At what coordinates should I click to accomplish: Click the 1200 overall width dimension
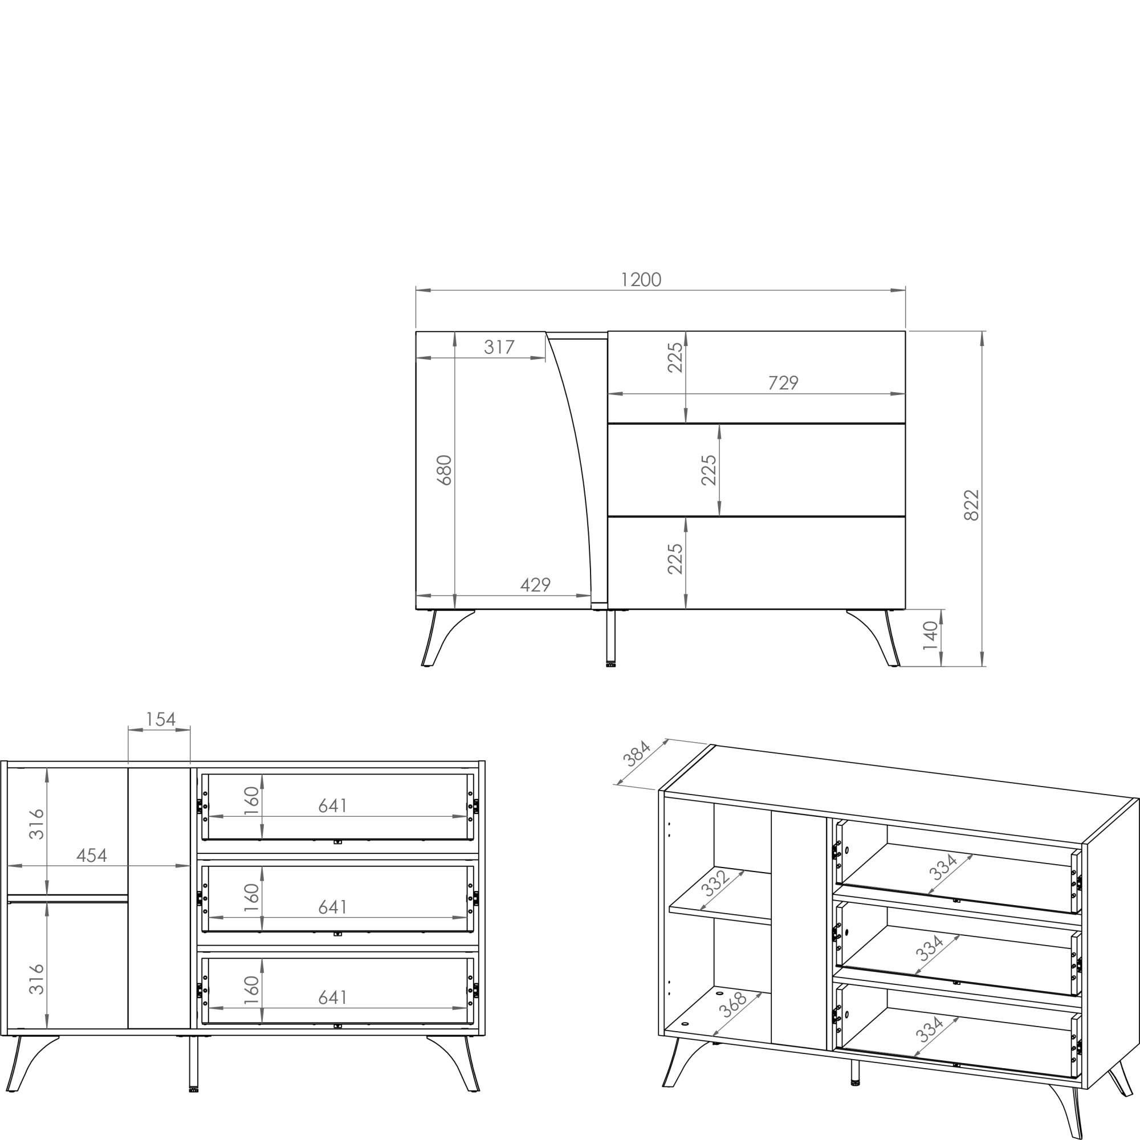pos(641,280)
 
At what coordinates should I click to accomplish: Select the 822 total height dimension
pos(971,505)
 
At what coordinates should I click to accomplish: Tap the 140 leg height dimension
pos(931,635)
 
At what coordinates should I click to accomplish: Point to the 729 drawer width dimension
pos(783,383)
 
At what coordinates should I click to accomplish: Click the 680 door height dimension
pos(443,470)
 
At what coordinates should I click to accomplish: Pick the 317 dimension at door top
pos(499,347)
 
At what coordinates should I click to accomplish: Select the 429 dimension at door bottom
pos(535,585)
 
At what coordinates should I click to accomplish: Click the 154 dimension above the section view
pos(161,719)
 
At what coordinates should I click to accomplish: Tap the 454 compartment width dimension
pos(91,855)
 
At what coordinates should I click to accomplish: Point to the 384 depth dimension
pos(637,754)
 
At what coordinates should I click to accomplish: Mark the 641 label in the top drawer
pos(333,805)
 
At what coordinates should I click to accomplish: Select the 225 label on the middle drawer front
pos(709,470)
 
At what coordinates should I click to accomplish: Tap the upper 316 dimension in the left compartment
pos(36,824)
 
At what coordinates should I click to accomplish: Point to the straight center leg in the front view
pos(610,638)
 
